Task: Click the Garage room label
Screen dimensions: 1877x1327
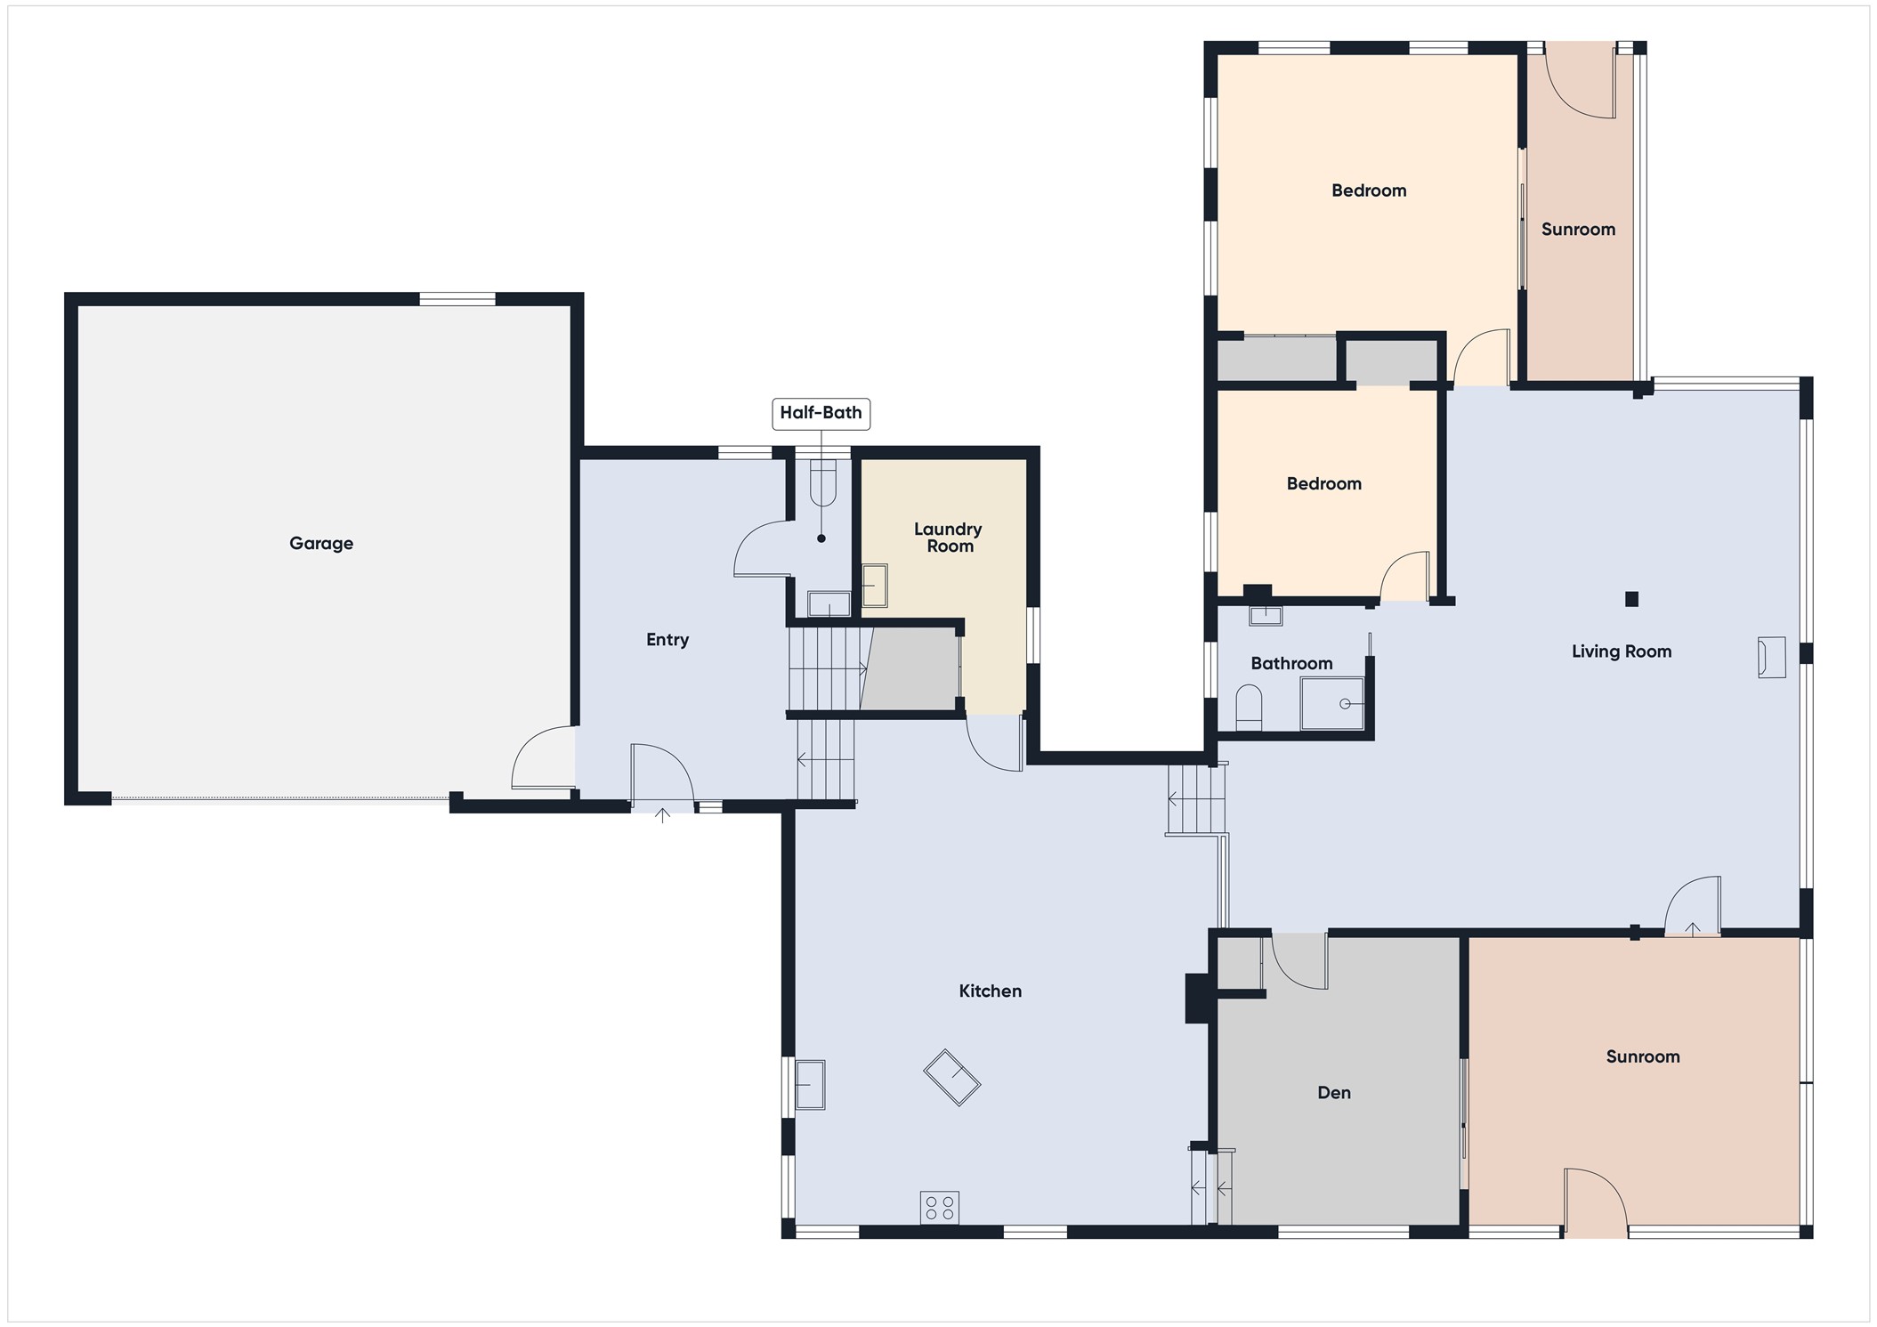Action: click(x=321, y=543)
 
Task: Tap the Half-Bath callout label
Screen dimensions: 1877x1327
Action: click(x=821, y=413)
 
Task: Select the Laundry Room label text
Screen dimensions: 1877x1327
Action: click(x=949, y=538)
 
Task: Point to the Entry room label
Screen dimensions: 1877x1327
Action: click(x=667, y=640)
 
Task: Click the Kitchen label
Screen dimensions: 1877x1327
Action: click(x=990, y=991)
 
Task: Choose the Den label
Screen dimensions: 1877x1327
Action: click(x=1334, y=1092)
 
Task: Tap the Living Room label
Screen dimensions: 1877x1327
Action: click(x=1622, y=651)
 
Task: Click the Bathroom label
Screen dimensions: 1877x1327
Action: click(x=1291, y=663)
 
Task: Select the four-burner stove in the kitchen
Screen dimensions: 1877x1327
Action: click(x=940, y=1208)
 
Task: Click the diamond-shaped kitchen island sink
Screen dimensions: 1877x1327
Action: click(x=952, y=1078)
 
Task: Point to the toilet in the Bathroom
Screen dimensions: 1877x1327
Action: click(x=1250, y=708)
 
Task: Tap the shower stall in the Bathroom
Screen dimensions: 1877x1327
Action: click(x=1332, y=704)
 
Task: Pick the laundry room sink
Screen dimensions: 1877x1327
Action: click(x=875, y=586)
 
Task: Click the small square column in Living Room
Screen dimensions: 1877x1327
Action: click(x=1631, y=599)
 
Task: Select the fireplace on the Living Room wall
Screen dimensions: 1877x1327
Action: click(x=1771, y=658)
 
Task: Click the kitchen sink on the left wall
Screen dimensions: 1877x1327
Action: click(x=810, y=1084)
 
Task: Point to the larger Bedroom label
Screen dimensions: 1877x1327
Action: click(x=1369, y=190)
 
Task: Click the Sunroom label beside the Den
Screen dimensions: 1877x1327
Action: click(x=1643, y=1056)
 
